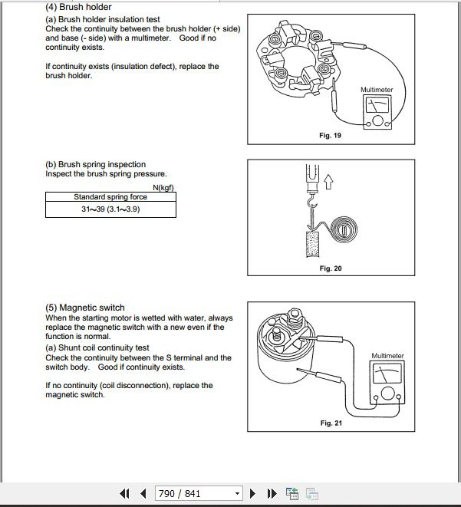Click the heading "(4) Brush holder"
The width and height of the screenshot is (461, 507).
click(x=78, y=7)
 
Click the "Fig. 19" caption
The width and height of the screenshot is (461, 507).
click(x=330, y=135)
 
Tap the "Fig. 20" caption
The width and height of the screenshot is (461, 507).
click(x=331, y=268)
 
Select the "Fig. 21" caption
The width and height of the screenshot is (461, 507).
click(x=331, y=423)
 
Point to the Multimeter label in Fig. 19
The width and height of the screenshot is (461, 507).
click(x=377, y=90)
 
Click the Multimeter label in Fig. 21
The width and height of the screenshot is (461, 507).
click(x=387, y=356)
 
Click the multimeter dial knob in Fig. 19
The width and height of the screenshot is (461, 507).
click(x=377, y=121)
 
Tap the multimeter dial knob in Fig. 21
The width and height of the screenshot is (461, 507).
click(x=387, y=393)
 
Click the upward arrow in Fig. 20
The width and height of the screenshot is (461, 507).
click(x=328, y=181)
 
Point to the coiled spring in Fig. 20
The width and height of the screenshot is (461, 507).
click(x=345, y=229)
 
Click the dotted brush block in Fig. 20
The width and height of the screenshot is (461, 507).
click(x=312, y=244)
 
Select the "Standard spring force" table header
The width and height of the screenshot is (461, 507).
click(x=110, y=197)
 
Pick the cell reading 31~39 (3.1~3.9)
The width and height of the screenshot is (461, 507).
click(x=111, y=209)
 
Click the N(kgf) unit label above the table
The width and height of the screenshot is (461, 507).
click(x=163, y=188)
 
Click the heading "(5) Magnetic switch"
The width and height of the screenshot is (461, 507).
click(x=85, y=308)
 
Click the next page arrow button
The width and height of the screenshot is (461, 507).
click(x=253, y=493)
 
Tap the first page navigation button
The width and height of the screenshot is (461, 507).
click(x=125, y=493)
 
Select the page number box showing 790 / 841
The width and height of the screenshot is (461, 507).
click(x=199, y=493)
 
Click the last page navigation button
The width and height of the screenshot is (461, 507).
click(x=272, y=493)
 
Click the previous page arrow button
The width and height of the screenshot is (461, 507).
click(x=143, y=493)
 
